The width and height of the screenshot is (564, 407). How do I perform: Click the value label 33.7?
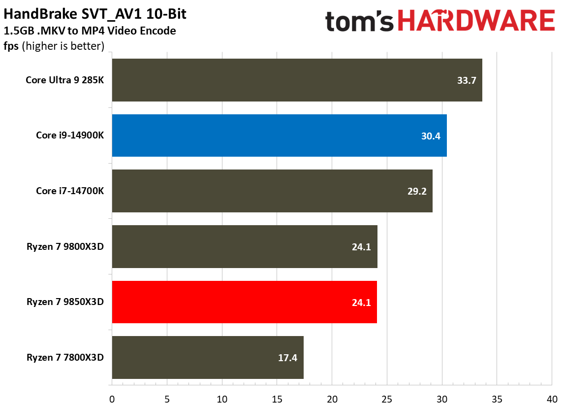point(467,80)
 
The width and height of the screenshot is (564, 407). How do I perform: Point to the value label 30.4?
point(431,136)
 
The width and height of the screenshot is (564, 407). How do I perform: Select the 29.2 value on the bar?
point(417,191)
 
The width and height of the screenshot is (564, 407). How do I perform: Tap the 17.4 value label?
point(287,358)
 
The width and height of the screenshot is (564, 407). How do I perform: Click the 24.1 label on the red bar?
point(361,302)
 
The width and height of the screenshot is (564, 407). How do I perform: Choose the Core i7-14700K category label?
point(70,191)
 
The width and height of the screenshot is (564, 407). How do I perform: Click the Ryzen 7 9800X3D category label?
point(65,246)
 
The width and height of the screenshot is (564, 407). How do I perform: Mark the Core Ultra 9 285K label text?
point(64,80)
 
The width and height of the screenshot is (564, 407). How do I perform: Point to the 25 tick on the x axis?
point(387,398)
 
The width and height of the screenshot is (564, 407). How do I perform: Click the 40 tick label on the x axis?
point(552,398)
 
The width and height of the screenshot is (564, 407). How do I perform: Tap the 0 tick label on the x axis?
point(112,398)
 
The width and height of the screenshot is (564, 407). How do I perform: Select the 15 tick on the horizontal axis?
point(277,398)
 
